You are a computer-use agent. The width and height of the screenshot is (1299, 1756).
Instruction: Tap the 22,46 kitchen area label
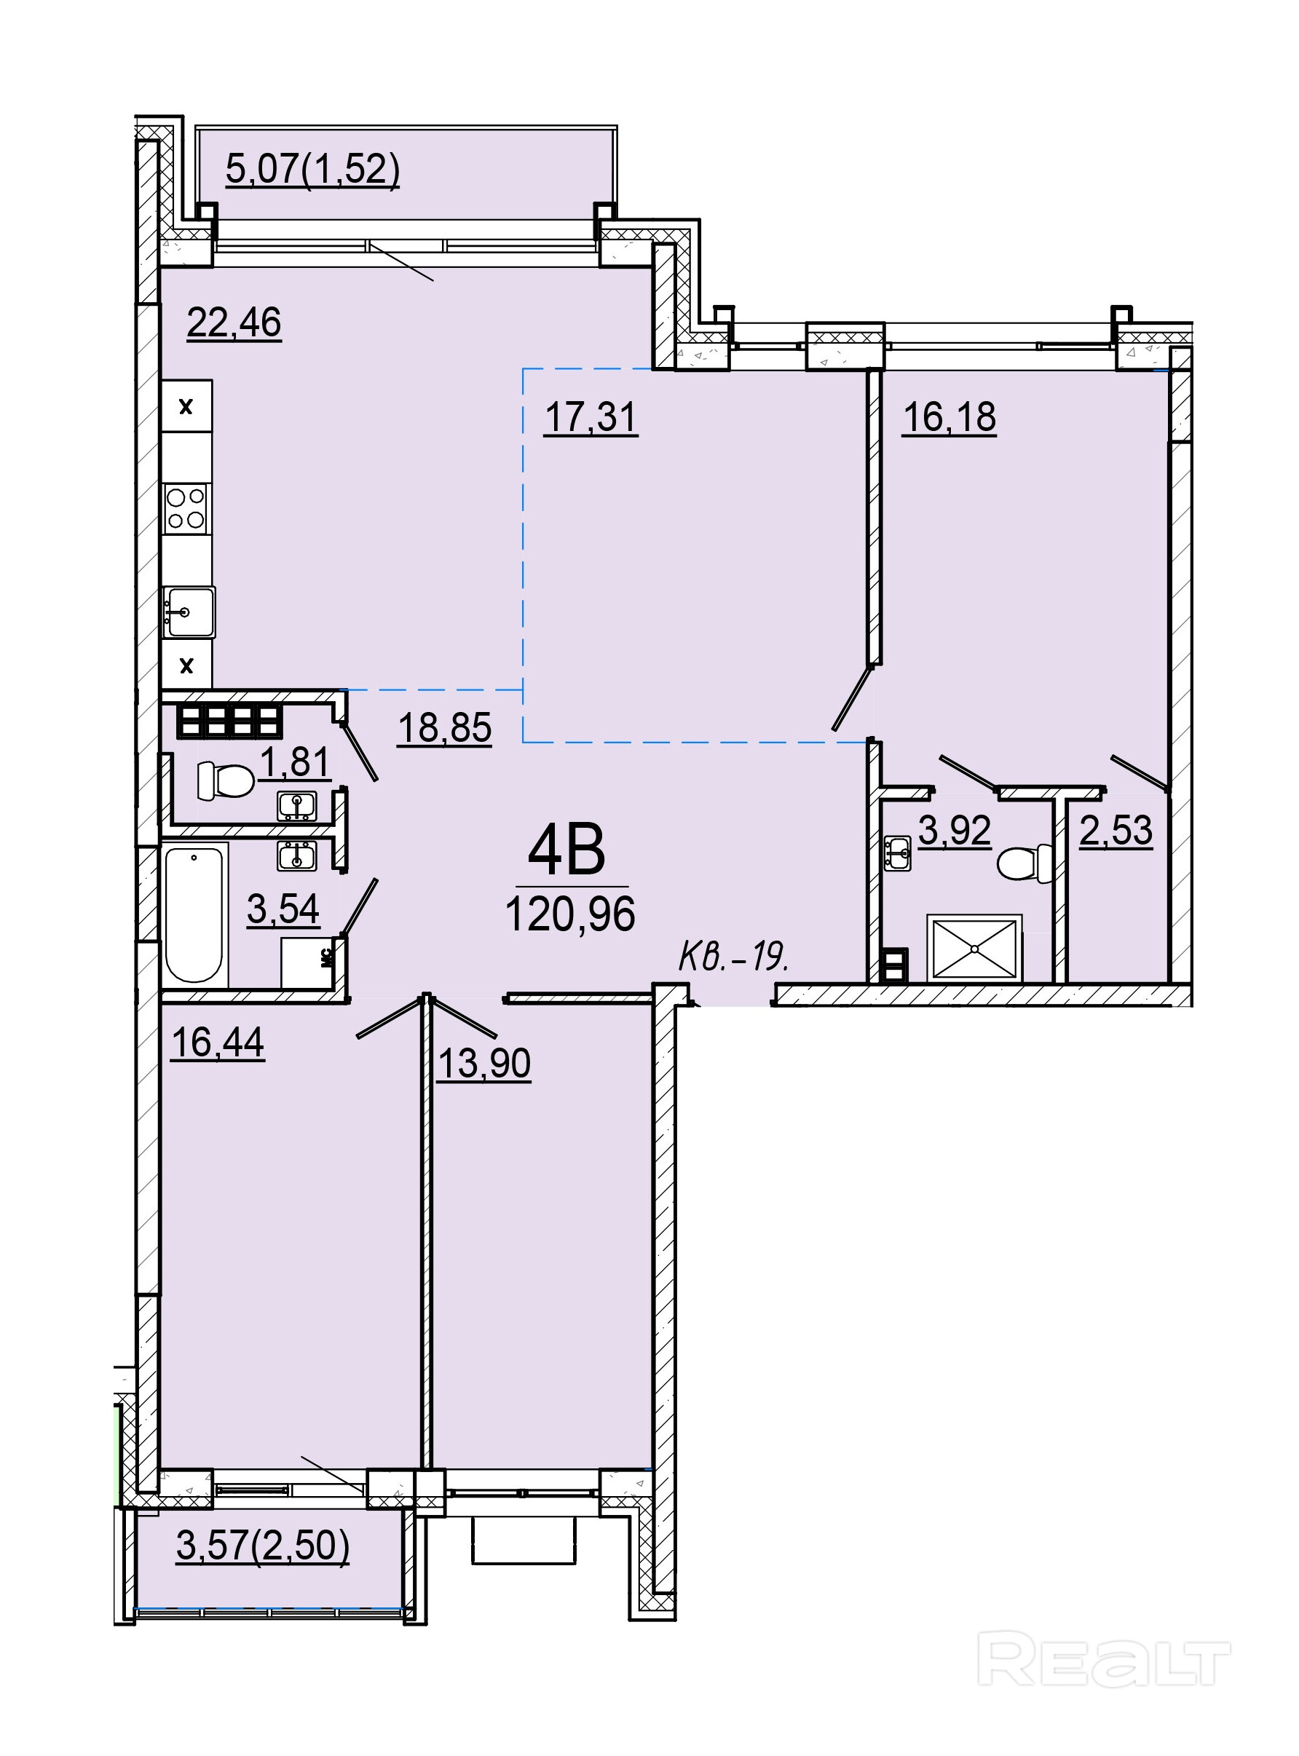click(x=234, y=323)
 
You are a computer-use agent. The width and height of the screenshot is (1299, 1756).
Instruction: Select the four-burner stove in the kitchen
click(x=186, y=509)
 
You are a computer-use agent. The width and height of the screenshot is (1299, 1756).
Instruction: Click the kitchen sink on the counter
click(x=189, y=612)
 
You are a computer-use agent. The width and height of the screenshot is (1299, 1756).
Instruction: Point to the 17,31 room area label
click(x=591, y=416)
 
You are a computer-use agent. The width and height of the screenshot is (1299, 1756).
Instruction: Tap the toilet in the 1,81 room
click(x=225, y=780)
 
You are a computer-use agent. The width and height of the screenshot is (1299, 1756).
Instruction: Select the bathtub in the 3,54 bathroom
click(x=195, y=914)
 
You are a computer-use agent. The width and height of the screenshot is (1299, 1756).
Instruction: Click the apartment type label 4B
click(x=566, y=850)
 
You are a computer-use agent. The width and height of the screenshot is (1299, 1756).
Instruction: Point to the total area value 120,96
click(x=571, y=914)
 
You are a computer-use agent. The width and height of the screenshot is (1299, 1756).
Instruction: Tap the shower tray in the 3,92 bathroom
click(x=975, y=948)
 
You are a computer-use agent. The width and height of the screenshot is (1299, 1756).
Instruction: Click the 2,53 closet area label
click(x=1116, y=830)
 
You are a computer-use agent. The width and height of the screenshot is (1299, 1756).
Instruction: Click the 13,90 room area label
click(x=484, y=1064)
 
